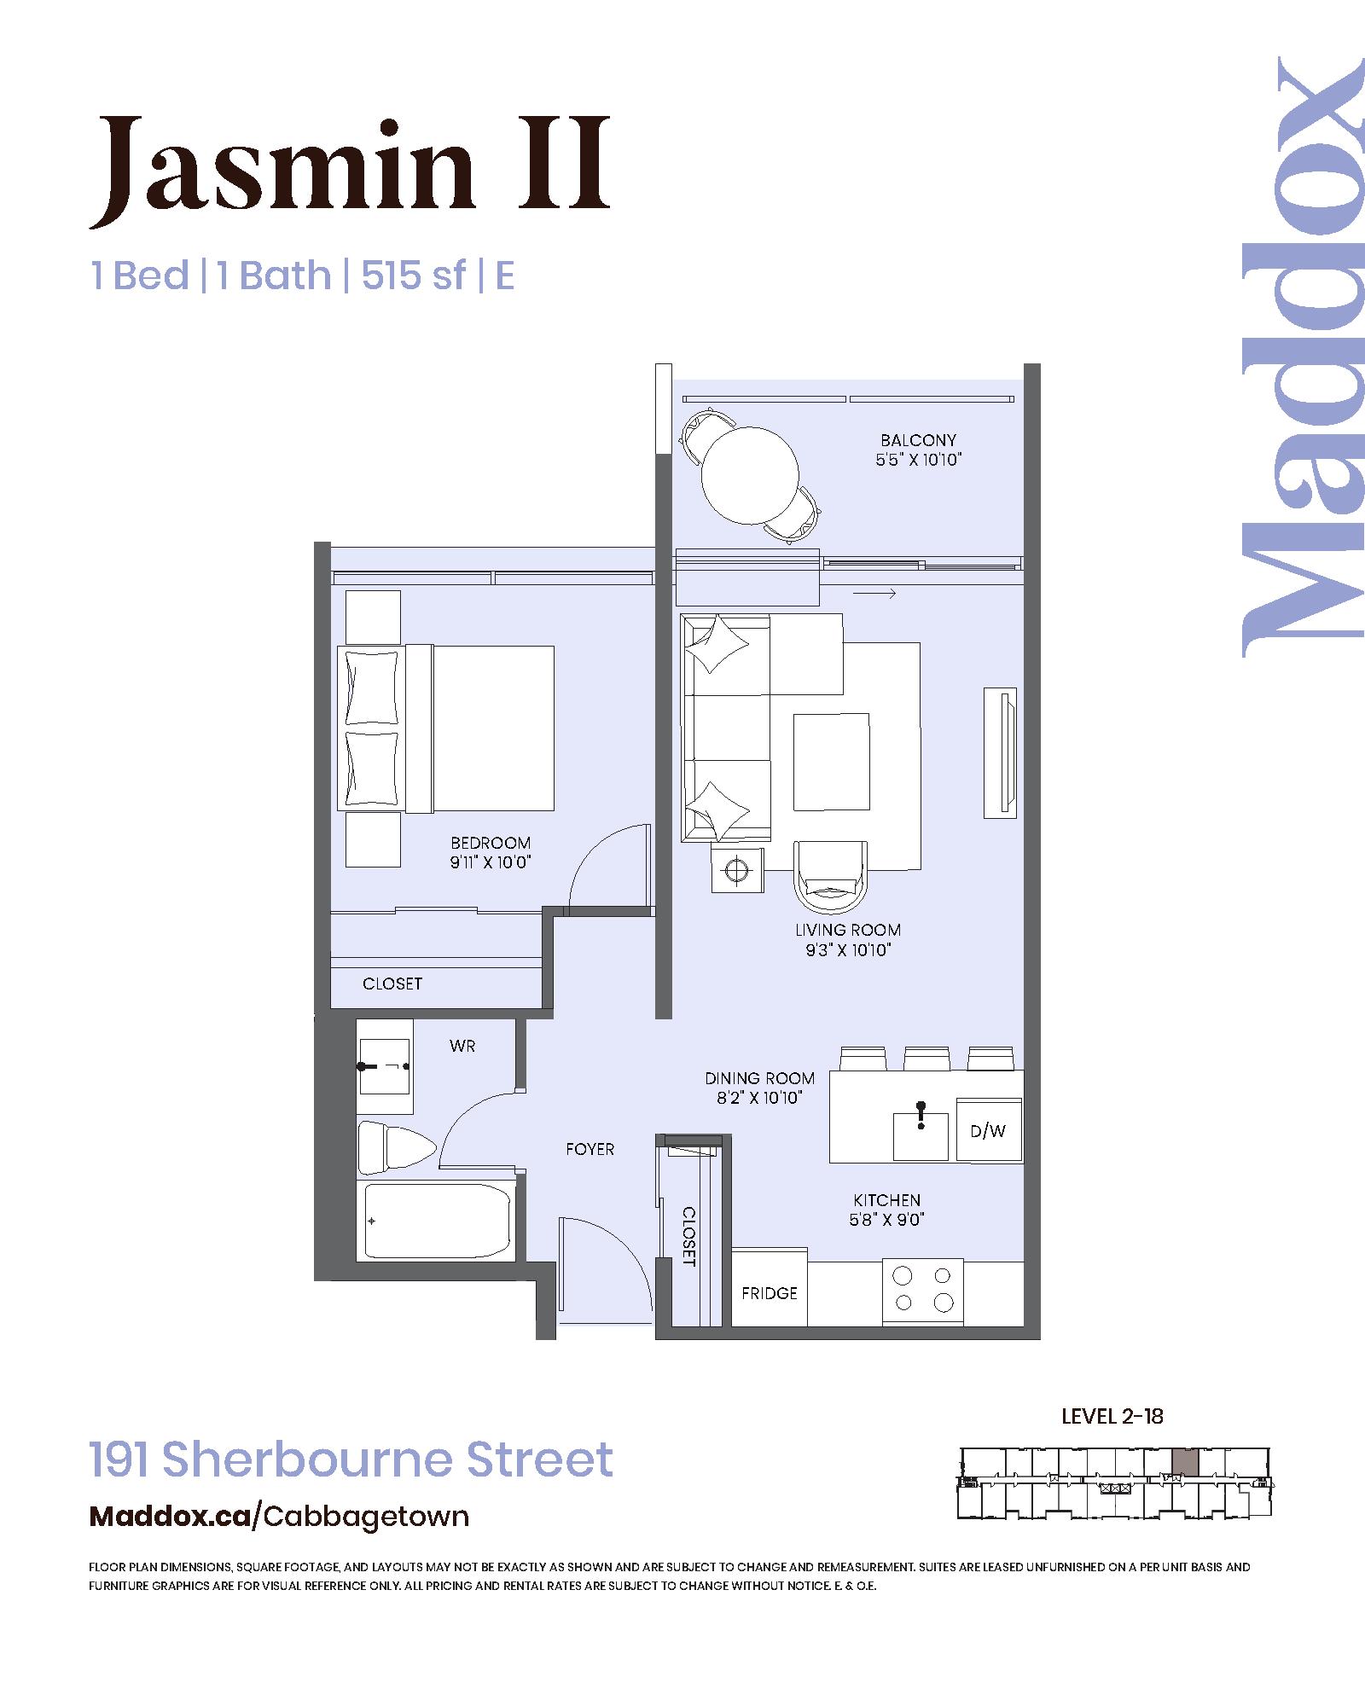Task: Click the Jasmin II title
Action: tap(351, 168)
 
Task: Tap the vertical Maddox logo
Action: tap(1302, 357)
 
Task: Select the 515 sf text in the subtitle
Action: tap(414, 276)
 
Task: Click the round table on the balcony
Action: tap(750, 475)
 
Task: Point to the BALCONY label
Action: tap(919, 440)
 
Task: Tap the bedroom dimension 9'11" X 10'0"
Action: tap(491, 862)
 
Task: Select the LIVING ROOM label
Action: tap(848, 930)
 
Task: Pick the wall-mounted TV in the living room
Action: tap(1000, 753)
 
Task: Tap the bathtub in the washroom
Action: tap(437, 1221)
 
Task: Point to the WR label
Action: tap(462, 1046)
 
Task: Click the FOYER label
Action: tap(590, 1149)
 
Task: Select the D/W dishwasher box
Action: tap(989, 1129)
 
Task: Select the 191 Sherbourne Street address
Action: tap(351, 1459)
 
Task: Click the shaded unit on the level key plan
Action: tap(1184, 1462)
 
